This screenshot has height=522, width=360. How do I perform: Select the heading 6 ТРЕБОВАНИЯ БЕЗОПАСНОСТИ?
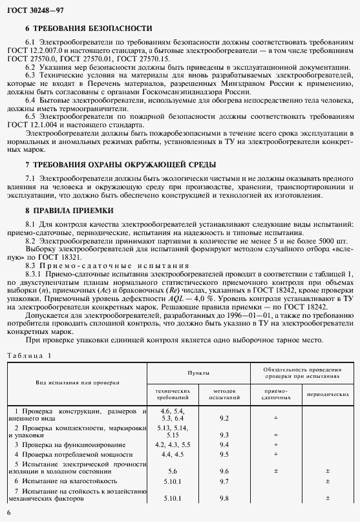pos(89,29)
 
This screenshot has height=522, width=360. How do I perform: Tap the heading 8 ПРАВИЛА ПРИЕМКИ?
pos(69,210)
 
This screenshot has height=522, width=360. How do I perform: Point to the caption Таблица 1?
pos(28,355)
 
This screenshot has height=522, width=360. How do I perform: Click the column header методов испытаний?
pos(224,394)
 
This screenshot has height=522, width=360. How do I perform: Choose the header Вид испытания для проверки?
pos(78,382)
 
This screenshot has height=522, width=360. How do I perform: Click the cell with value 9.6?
pos(224,472)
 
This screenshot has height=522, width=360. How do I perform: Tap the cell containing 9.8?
pos(224,497)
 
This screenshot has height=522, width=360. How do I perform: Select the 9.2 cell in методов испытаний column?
pos(224,419)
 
